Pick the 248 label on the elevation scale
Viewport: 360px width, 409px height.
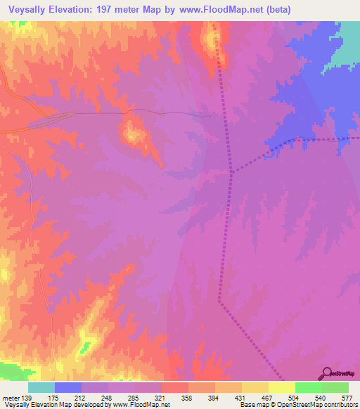click(x=104, y=397)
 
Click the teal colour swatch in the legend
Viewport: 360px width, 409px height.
click(x=41, y=387)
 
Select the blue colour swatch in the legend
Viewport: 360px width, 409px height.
click(x=68, y=387)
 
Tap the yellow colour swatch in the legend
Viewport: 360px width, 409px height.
click(x=282, y=387)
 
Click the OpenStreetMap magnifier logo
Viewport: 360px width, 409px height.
click(x=326, y=373)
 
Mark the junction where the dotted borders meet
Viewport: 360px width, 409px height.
click(x=232, y=170)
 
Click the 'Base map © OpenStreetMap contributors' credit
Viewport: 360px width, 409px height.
click(x=297, y=405)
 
